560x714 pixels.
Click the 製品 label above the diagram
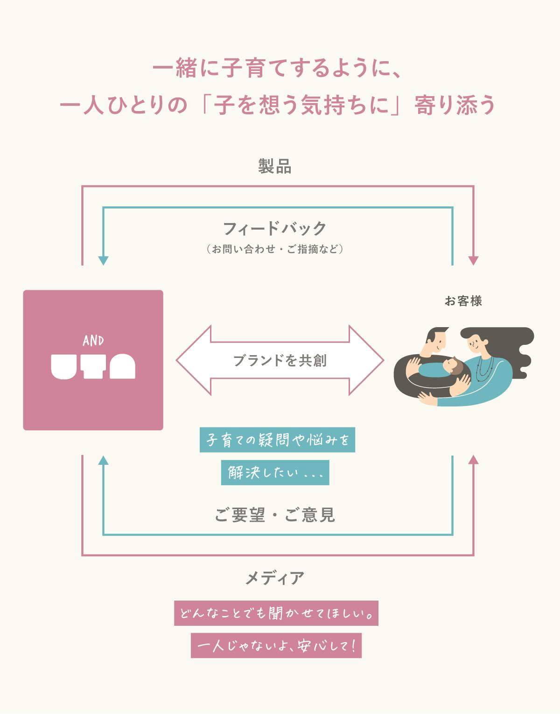click(275, 167)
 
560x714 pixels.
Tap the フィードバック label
click(275, 229)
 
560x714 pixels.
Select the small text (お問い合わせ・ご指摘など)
click(275, 249)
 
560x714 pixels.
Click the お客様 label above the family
click(463, 301)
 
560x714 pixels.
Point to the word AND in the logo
click(93, 341)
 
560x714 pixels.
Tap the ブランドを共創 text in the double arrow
click(280, 361)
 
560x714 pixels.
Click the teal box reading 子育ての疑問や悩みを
click(277, 440)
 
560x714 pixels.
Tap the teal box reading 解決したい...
click(275, 473)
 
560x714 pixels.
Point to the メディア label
click(275, 578)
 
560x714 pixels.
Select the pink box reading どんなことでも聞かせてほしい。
click(276, 613)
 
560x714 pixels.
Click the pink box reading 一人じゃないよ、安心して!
click(276, 646)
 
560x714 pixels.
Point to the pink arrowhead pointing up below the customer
click(474, 460)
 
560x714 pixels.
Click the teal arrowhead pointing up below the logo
click(103, 460)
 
